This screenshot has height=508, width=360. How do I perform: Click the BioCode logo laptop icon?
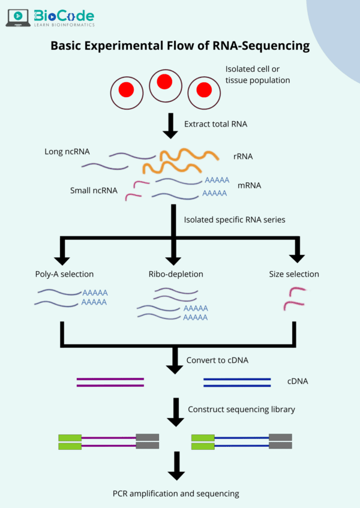[x=19, y=18]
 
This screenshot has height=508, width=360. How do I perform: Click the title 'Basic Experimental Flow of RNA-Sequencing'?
[x=180, y=46]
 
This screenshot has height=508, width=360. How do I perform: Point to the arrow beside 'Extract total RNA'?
[x=171, y=125]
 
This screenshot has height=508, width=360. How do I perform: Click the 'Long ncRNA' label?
[x=67, y=151]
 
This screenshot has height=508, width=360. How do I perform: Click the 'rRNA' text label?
[x=243, y=157]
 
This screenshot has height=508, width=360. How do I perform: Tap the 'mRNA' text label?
[x=249, y=185]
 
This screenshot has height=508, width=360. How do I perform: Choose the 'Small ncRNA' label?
[x=94, y=191]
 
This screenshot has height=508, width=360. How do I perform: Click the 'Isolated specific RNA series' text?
[x=234, y=220]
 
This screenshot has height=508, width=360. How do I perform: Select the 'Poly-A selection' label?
[x=64, y=274]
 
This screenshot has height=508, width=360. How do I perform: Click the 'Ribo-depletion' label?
[x=176, y=274]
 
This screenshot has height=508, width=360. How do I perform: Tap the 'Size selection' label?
[x=294, y=274]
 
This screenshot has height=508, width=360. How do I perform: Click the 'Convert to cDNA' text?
[x=217, y=360]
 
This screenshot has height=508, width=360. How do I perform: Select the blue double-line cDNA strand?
[x=236, y=382]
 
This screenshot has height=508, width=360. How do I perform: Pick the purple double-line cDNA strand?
[x=110, y=382]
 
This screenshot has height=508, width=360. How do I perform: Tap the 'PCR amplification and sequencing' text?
[x=176, y=494]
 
